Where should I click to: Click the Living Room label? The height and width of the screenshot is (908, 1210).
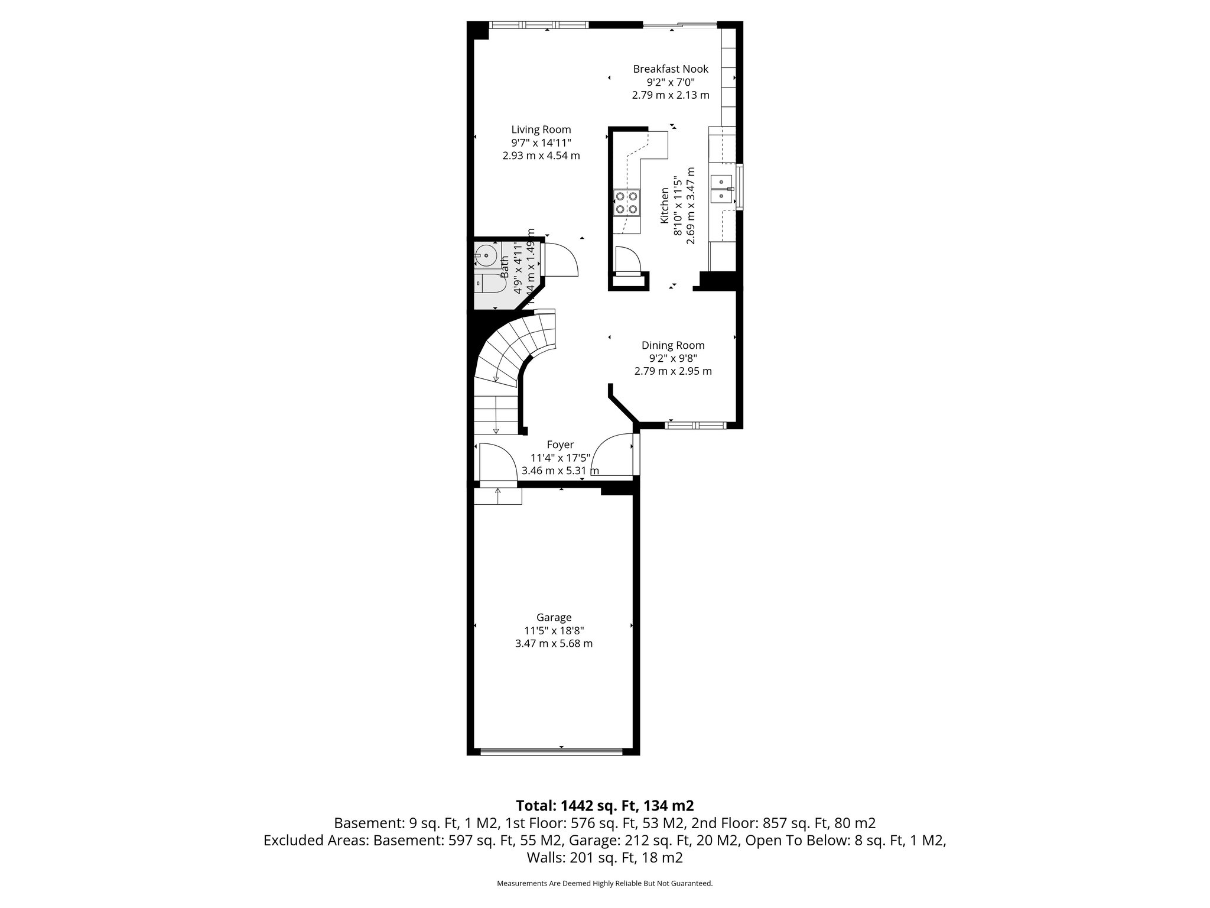coord(541,129)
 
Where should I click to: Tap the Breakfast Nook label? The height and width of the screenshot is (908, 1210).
coord(671,69)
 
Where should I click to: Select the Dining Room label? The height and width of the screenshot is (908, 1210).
coord(673,345)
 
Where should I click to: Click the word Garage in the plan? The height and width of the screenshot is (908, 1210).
coord(554,618)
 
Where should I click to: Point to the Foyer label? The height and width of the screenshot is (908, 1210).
coord(560,445)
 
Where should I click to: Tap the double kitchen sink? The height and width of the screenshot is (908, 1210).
coord(722,188)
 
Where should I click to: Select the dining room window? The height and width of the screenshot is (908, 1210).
coord(696,424)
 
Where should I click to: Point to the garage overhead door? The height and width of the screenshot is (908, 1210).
coord(551,751)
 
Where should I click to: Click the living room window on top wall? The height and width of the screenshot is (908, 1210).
coord(539,25)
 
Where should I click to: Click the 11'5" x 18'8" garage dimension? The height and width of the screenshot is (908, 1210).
coord(554,631)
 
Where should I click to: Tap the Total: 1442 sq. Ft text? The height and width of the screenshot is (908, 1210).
coord(604,805)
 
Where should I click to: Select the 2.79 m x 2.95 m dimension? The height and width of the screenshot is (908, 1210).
coord(673,371)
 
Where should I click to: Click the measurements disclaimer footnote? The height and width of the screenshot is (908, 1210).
coord(604,884)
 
